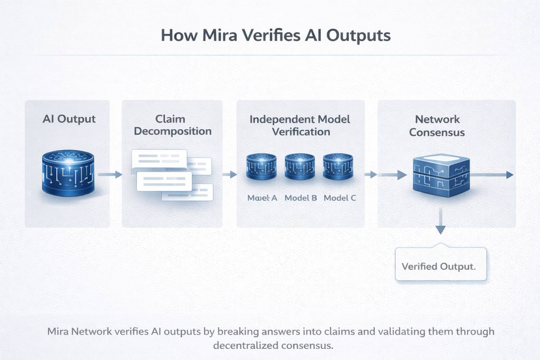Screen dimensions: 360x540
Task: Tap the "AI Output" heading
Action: click(69, 119)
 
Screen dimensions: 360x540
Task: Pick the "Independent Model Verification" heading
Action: click(300, 125)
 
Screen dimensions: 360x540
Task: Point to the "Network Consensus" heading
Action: click(438, 125)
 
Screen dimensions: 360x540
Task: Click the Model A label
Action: click(262, 198)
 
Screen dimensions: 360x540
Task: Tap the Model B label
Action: click(301, 198)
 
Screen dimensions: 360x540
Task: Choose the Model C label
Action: click(340, 198)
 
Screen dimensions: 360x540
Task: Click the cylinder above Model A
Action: click(262, 167)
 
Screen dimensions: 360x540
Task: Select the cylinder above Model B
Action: click(301, 167)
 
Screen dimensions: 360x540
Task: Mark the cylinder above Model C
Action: click(338, 167)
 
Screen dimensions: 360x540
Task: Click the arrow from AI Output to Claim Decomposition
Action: click(110, 174)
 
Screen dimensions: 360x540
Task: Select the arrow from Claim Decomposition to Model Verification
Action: click(229, 174)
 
